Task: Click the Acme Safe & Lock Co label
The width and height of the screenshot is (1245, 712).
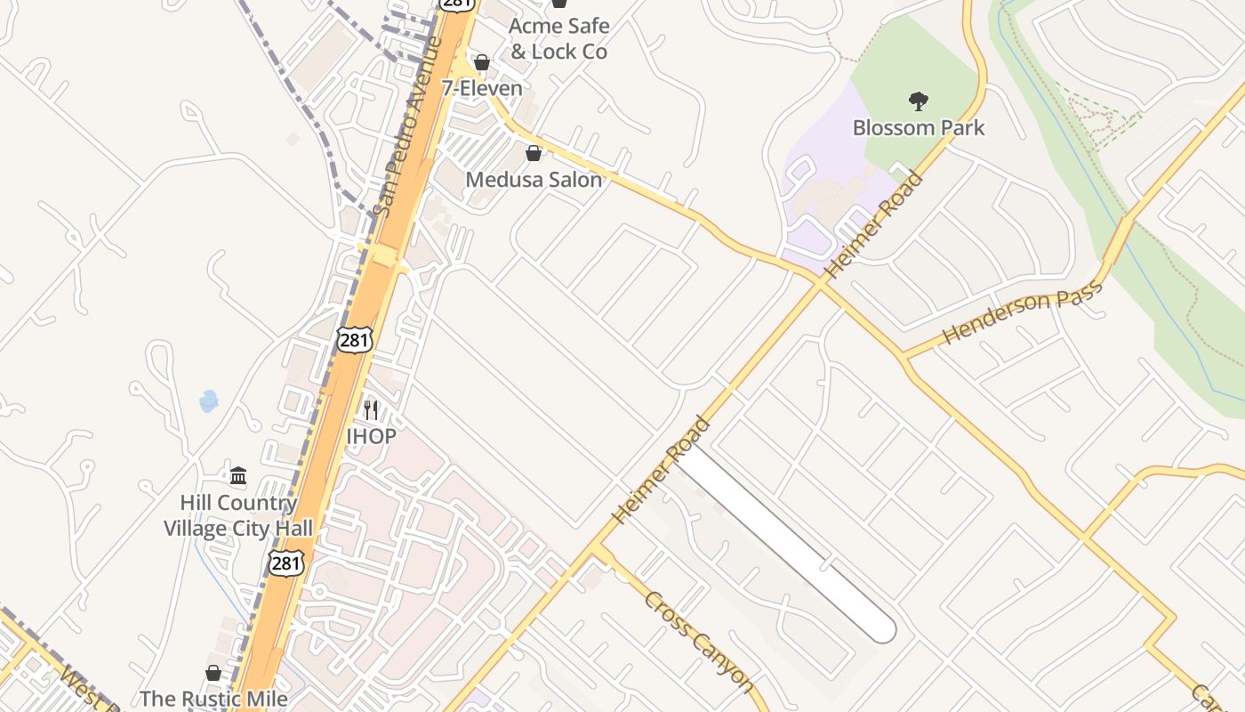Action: tap(558, 39)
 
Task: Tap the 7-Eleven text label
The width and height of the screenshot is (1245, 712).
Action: tap(482, 89)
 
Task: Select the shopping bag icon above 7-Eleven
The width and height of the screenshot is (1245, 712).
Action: tap(482, 62)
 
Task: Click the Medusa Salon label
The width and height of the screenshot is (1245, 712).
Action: tap(534, 180)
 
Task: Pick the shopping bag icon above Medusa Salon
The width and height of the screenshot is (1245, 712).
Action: tap(534, 153)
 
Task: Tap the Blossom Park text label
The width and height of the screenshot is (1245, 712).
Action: tap(919, 128)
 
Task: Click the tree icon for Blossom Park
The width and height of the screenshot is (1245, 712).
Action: tap(919, 101)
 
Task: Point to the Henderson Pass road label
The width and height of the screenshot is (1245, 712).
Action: tap(1023, 312)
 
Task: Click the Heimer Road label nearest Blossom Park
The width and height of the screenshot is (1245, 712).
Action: tap(873, 224)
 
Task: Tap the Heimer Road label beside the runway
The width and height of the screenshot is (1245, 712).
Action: tap(662, 470)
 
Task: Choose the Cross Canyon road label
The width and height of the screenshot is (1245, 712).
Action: tap(700, 641)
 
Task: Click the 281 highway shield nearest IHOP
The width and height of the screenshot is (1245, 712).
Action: tap(354, 339)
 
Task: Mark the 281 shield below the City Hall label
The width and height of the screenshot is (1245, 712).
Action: tap(286, 562)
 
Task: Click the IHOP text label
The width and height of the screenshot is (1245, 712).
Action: tap(371, 437)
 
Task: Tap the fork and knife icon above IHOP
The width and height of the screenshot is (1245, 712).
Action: tap(371, 410)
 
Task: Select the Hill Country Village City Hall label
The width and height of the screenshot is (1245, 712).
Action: tap(238, 516)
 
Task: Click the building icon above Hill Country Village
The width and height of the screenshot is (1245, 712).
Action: tap(238, 475)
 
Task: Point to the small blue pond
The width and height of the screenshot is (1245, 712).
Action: tap(209, 401)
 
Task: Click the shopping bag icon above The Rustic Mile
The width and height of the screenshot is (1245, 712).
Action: tap(213, 673)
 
